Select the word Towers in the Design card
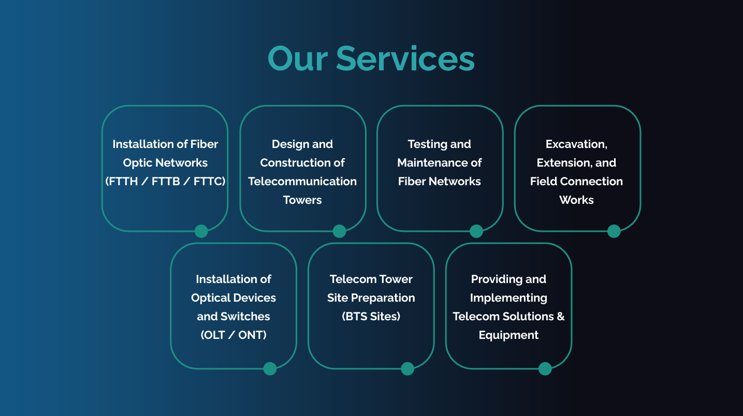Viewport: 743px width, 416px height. [x=302, y=200]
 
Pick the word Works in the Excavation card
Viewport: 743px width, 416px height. [x=576, y=200]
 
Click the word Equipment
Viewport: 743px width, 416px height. [x=508, y=335]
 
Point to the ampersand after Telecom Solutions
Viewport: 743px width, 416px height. [x=560, y=317]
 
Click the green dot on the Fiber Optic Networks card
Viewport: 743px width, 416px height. [x=201, y=231]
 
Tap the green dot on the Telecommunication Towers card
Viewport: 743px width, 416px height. [x=339, y=231]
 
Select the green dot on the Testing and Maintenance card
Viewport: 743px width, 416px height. [x=476, y=231]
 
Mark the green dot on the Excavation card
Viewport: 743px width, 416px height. [x=614, y=231]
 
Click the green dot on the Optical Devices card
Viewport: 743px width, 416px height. [x=270, y=369]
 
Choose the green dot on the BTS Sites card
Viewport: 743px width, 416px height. [x=407, y=369]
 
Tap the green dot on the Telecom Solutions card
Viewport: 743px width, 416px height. [x=545, y=369]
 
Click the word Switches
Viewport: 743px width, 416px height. [x=245, y=317]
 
